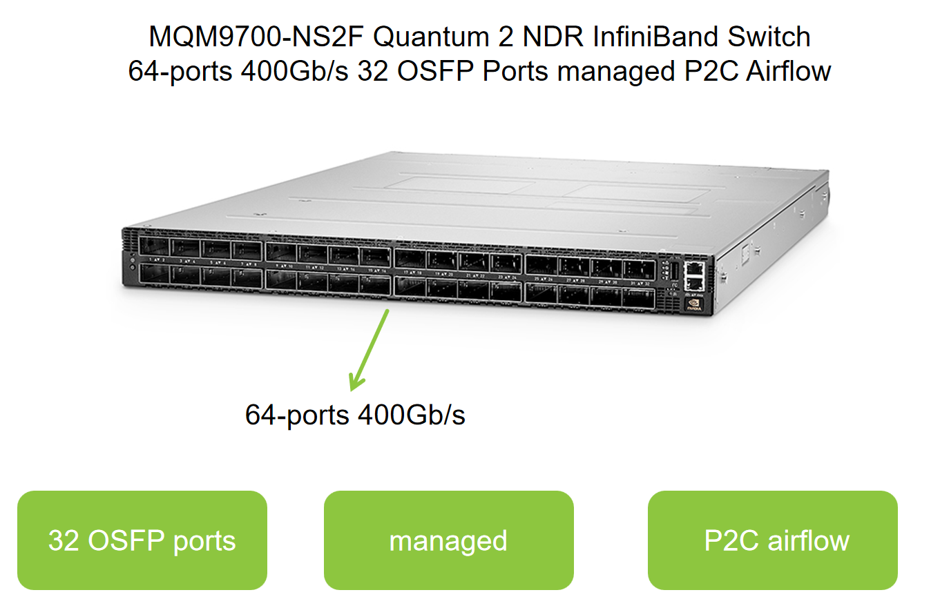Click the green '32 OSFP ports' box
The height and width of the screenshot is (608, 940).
(x=142, y=540)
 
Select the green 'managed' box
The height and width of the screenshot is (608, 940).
(x=448, y=540)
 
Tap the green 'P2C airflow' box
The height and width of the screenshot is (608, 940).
(x=772, y=540)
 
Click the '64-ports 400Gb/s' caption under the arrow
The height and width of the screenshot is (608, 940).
(x=355, y=415)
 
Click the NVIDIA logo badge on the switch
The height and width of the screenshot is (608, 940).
(x=695, y=304)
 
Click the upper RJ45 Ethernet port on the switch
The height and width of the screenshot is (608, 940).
(x=694, y=267)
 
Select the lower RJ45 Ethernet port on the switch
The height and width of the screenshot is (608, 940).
(x=695, y=283)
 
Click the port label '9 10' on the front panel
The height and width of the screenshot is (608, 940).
(x=285, y=266)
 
